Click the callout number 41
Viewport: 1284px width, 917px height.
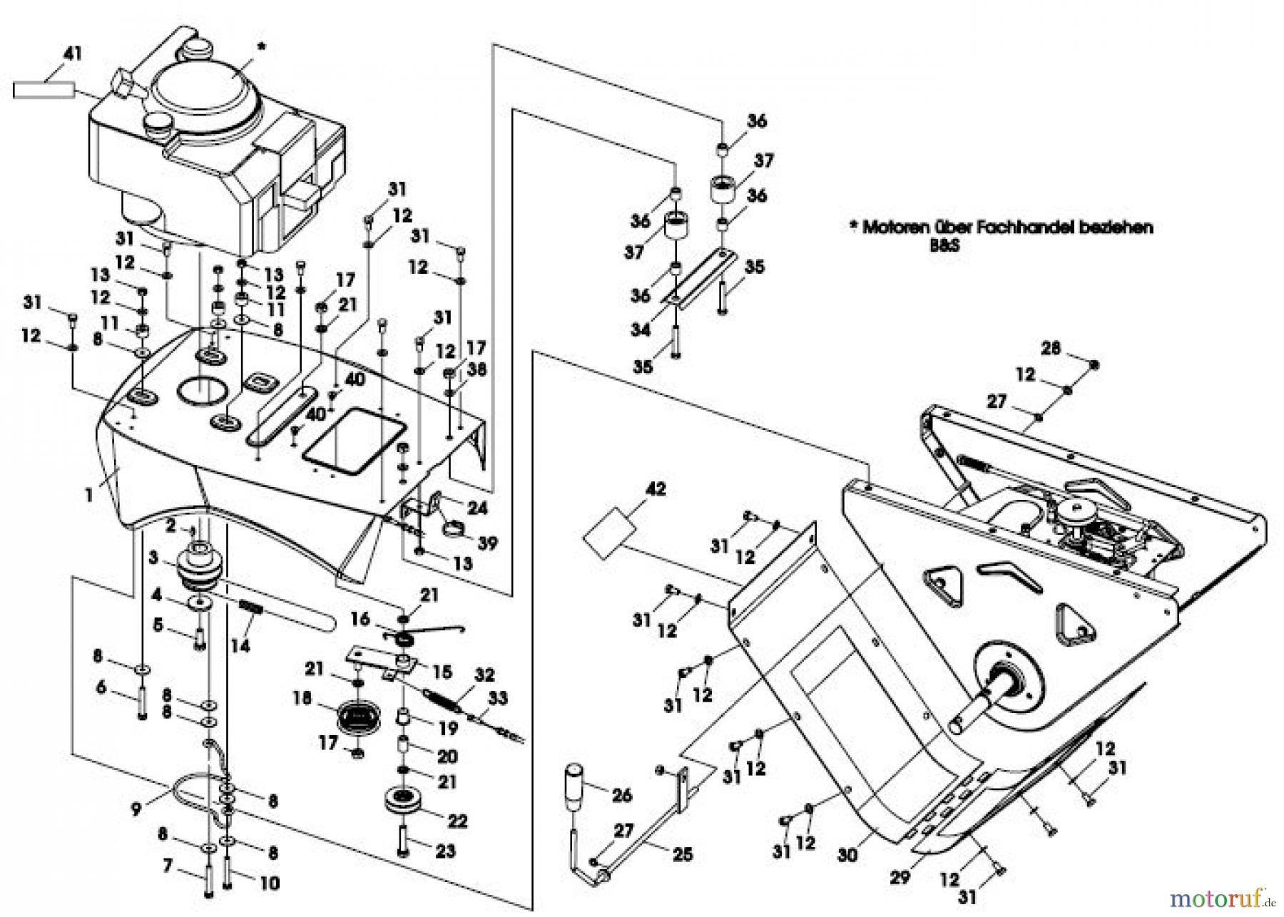[72, 53]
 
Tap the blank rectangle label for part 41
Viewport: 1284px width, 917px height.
[44, 90]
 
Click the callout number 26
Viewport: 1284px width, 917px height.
[622, 794]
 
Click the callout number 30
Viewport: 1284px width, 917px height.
[847, 854]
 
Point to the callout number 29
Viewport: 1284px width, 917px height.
[900, 876]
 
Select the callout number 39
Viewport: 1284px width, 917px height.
[487, 543]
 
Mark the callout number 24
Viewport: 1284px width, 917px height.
[477, 508]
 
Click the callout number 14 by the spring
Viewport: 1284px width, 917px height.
[240, 646]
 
